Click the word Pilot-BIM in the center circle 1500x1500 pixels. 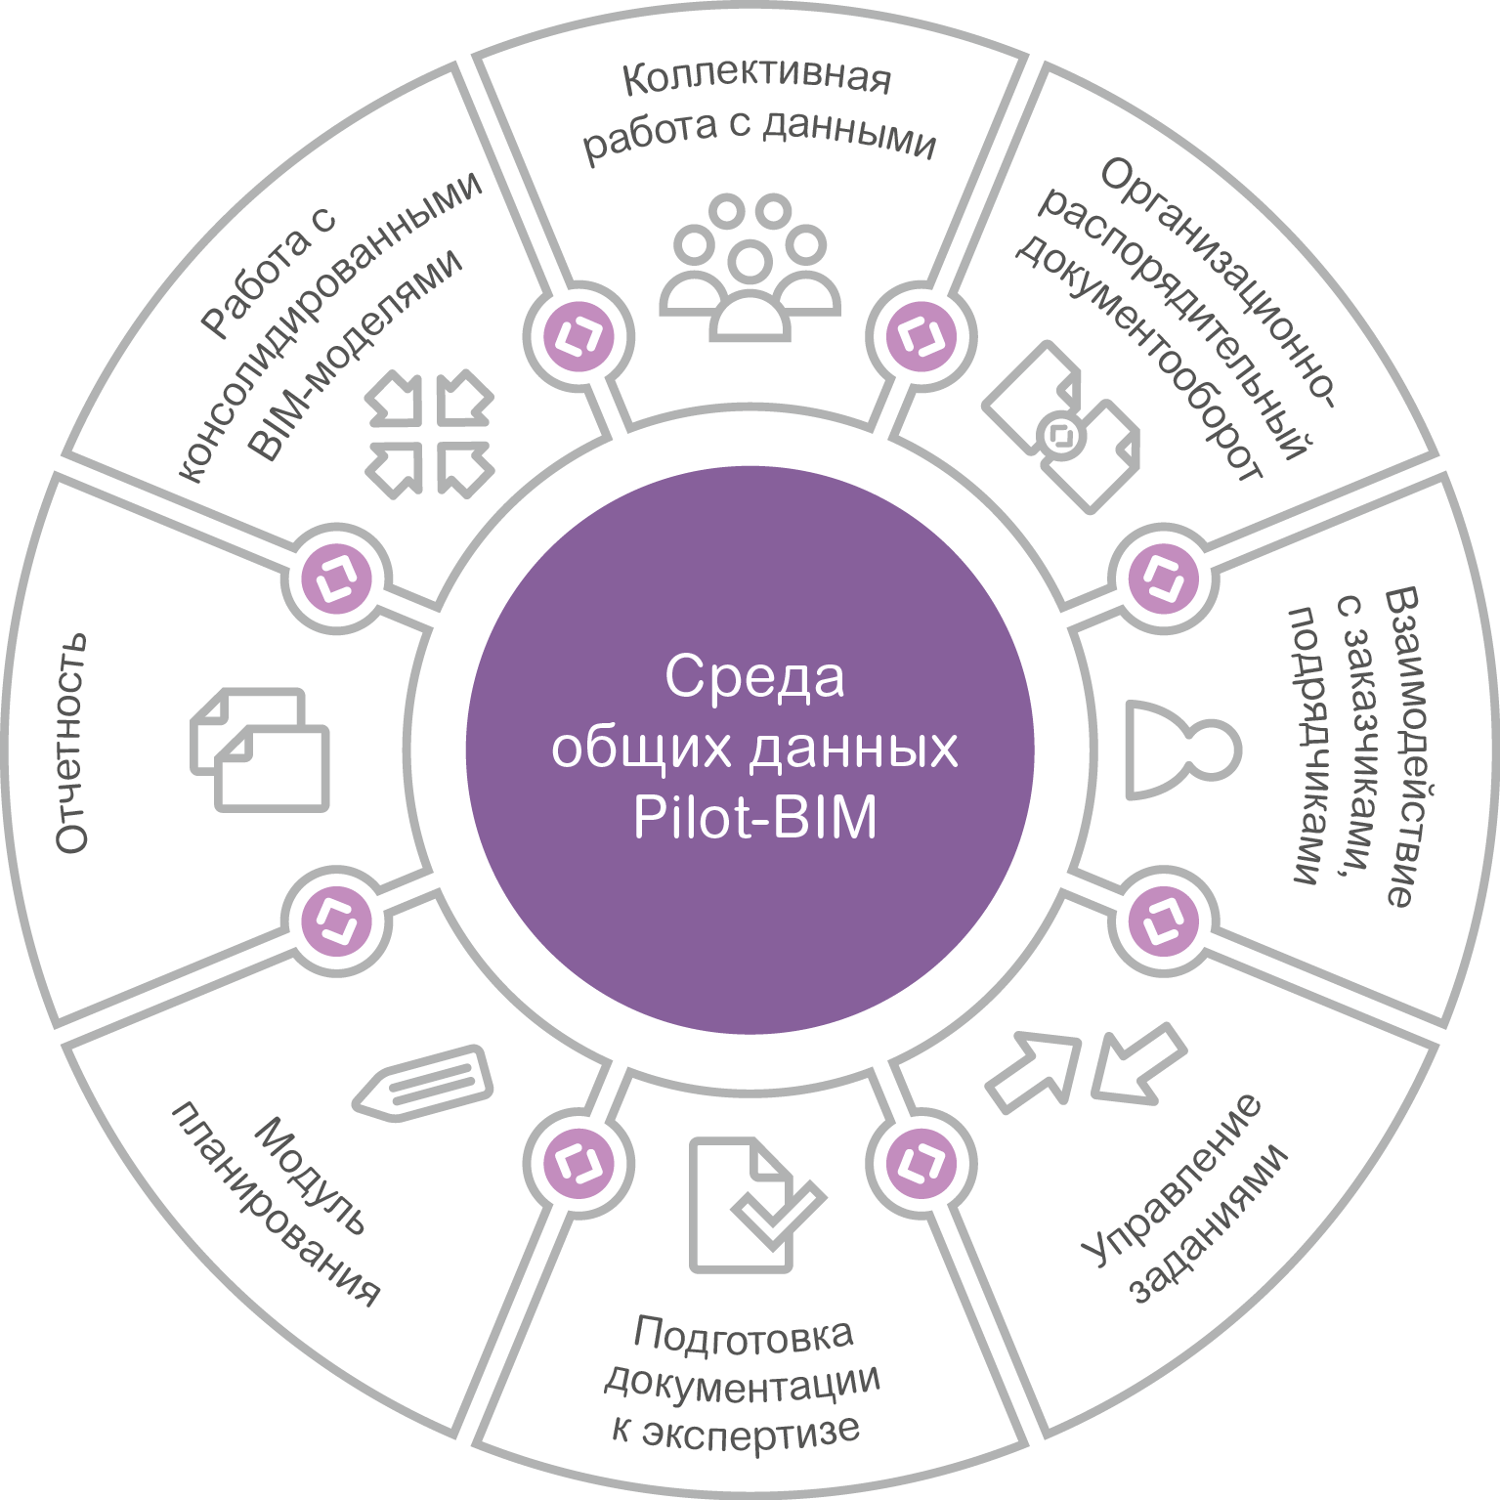[x=754, y=818]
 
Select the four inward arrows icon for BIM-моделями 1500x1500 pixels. [x=429, y=434]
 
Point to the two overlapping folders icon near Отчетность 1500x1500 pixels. [x=260, y=750]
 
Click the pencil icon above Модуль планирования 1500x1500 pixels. [x=423, y=1082]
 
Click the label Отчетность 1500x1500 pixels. [x=71, y=744]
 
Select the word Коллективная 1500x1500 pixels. [x=756, y=78]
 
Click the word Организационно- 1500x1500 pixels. [x=1218, y=283]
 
